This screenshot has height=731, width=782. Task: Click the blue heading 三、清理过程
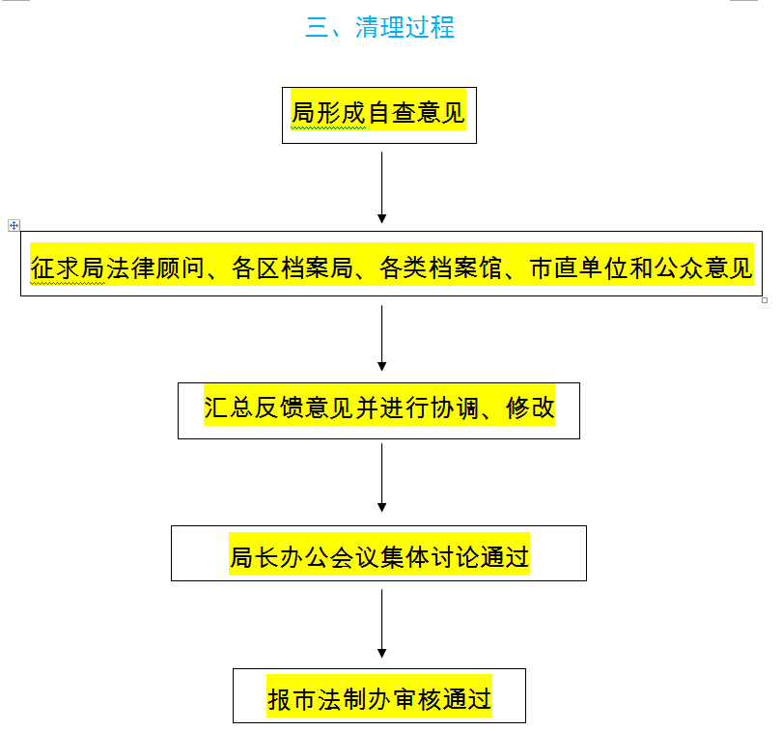(x=380, y=27)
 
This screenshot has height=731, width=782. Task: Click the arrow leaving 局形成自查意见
(x=382, y=187)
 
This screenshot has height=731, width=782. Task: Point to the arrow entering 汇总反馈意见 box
(x=382, y=338)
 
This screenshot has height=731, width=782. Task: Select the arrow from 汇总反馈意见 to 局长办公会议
(x=382, y=478)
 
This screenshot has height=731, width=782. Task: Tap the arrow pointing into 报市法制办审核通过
(x=382, y=624)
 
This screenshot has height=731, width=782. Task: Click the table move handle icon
(x=14, y=226)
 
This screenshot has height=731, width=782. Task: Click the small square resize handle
(x=765, y=300)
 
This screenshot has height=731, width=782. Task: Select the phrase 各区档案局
(x=293, y=268)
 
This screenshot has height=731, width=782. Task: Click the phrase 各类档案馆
(x=440, y=268)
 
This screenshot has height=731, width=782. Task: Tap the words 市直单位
(x=578, y=268)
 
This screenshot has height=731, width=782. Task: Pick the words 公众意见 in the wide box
(x=703, y=268)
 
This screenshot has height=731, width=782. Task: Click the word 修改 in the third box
(x=530, y=408)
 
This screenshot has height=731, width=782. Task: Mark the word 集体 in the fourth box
(x=405, y=557)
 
